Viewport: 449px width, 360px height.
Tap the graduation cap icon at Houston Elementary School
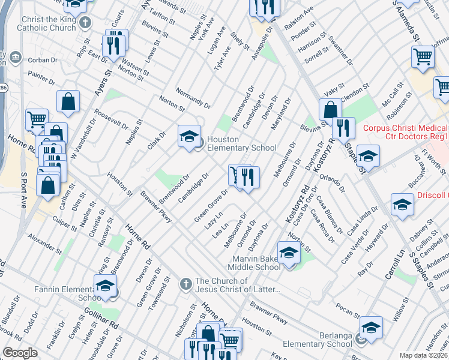point(188,136)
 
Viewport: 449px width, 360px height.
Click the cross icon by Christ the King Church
point(85,23)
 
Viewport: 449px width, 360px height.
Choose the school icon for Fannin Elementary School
point(104,287)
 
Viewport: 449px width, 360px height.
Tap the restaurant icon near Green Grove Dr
point(247,178)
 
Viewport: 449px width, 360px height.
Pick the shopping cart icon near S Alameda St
point(423,58)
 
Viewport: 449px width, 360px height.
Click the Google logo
point(20,353)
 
